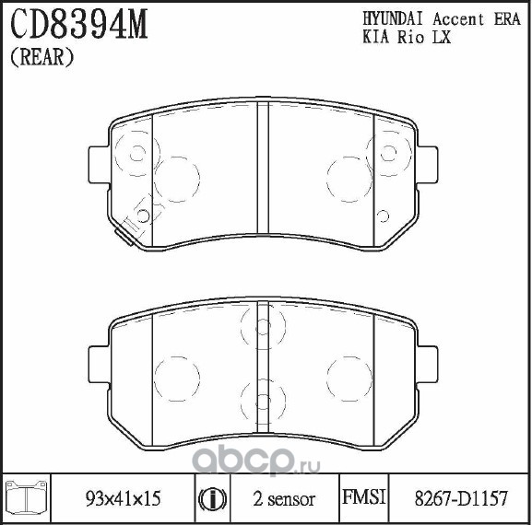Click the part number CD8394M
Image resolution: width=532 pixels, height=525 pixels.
[79, 24]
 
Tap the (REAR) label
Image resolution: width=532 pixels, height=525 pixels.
[42, 56]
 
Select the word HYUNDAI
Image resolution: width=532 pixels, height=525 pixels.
[393, 19]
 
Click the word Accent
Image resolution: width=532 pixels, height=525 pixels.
[458, 19]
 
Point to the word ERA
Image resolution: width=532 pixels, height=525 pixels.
[507, 19]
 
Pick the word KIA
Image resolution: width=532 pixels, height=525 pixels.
[375, 37]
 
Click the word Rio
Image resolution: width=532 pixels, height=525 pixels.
[410, 37]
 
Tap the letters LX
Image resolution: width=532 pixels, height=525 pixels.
[441, 37]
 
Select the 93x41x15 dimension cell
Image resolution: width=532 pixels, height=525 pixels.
[123, 498]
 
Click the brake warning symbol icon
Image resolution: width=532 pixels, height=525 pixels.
[213, 499]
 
